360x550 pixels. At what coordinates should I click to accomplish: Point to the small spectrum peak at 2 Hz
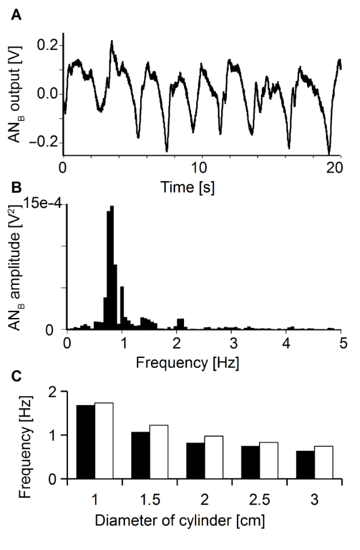point(181,323)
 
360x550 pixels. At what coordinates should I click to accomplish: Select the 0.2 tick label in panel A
point(47,45)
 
